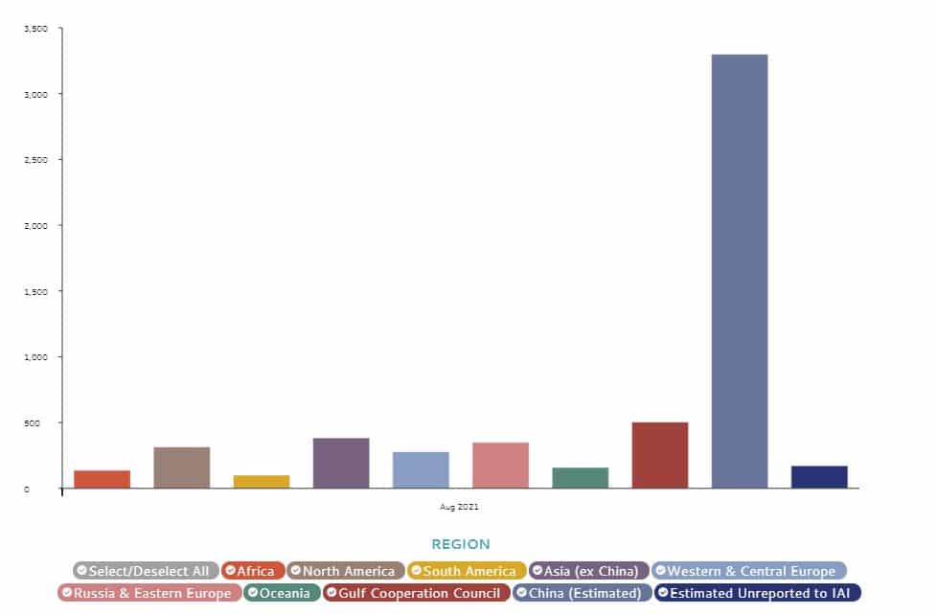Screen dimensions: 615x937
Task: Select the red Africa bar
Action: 102,479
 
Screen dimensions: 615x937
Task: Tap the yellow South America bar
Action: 262,482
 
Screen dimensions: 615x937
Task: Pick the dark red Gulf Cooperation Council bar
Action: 659,455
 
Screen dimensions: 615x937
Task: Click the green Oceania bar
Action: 580,478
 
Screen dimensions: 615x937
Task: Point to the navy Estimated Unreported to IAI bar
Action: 819,477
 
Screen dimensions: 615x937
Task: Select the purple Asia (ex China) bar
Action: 341,463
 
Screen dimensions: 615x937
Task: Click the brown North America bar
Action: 182,467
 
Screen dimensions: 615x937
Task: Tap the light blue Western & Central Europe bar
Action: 421,469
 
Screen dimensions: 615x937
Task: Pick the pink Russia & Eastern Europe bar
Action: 500,465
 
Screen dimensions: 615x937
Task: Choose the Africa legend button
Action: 253,571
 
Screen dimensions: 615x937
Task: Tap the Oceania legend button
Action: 282,593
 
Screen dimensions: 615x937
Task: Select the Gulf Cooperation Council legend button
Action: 416,593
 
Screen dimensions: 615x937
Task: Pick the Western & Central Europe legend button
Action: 749,571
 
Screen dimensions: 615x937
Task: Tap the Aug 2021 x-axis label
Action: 460,505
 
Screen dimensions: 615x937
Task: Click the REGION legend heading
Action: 461,544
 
